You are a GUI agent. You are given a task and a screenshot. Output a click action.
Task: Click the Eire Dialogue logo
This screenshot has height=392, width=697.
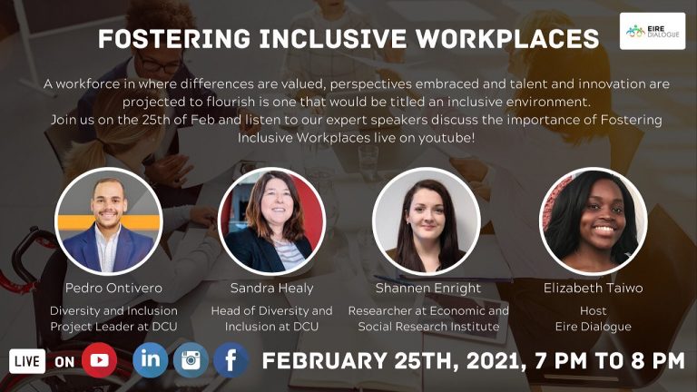pos(652,31)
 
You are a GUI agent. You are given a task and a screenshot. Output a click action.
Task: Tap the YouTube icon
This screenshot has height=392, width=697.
pos(99,360)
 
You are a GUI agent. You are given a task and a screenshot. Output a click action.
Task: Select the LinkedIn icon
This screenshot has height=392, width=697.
pos(150,360)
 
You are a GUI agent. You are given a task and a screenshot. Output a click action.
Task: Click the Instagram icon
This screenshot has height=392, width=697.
pos(191,360)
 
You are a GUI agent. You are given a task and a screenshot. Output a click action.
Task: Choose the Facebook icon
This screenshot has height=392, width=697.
pos(231,360)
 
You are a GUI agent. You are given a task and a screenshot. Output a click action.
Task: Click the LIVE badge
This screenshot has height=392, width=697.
pos(28,361)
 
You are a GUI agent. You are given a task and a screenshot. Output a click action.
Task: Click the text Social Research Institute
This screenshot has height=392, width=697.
pos(428,327)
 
